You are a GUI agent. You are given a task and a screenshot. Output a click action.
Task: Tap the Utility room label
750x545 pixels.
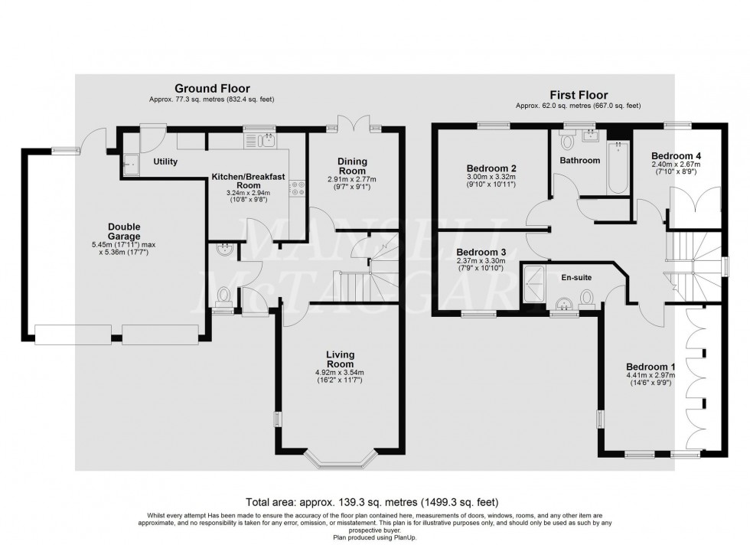coord(165,162)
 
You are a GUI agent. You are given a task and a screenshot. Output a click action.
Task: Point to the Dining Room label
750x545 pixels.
coord(353,166)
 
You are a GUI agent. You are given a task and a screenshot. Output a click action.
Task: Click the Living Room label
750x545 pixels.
coord(340,359)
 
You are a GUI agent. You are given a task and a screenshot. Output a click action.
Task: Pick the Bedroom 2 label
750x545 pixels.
coord(492,168)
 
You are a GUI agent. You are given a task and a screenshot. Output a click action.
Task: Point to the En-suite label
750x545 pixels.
coord(578,278)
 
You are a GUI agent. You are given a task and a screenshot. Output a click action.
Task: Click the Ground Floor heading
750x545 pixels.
coord(212,89)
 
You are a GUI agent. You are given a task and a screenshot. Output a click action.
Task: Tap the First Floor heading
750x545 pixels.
coord(578,95)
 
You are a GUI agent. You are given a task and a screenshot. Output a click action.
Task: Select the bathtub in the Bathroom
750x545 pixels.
coord(615,166)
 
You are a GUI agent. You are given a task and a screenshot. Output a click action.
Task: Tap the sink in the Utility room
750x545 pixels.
coord(130,162)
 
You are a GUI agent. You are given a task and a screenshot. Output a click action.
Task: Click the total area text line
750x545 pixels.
coord(374,503)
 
